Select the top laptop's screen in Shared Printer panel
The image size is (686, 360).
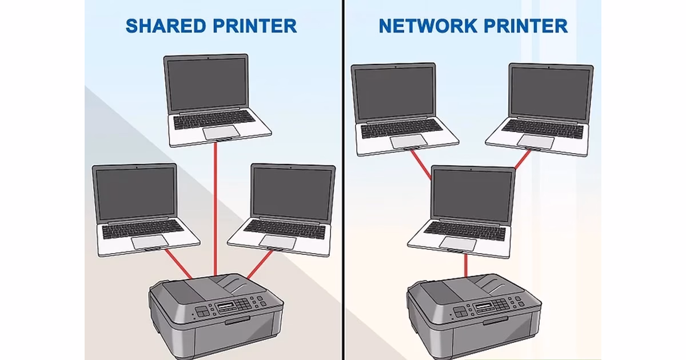coord(206,83)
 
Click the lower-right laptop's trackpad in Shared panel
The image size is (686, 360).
coord(278,242)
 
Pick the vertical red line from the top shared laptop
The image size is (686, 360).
coord(215,206)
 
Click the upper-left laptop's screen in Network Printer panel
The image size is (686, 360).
coord(393,93)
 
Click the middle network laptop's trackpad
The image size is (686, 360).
coord(457,243)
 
